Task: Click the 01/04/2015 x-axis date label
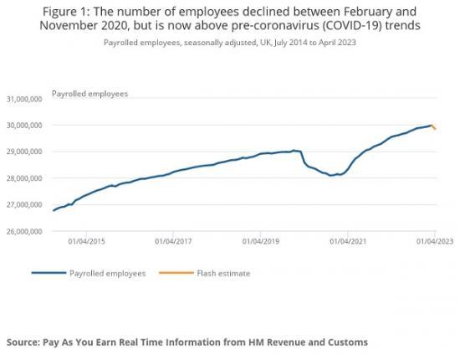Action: (87, 240)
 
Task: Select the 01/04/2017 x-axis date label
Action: (173, 240)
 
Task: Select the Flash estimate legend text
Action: (224, 273)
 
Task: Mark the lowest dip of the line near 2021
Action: (331, 175)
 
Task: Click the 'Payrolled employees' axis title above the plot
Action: (90, 93)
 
